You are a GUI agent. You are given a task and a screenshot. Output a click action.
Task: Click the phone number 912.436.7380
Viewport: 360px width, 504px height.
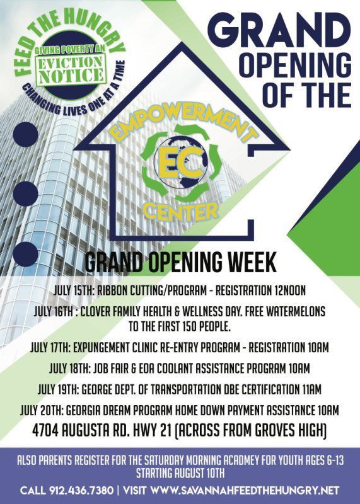[x=81, y=490]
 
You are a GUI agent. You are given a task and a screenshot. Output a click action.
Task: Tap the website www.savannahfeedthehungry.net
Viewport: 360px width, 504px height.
[x=245, y=490]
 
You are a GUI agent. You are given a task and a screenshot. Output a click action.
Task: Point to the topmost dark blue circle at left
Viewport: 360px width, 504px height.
[x=26, y=135]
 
